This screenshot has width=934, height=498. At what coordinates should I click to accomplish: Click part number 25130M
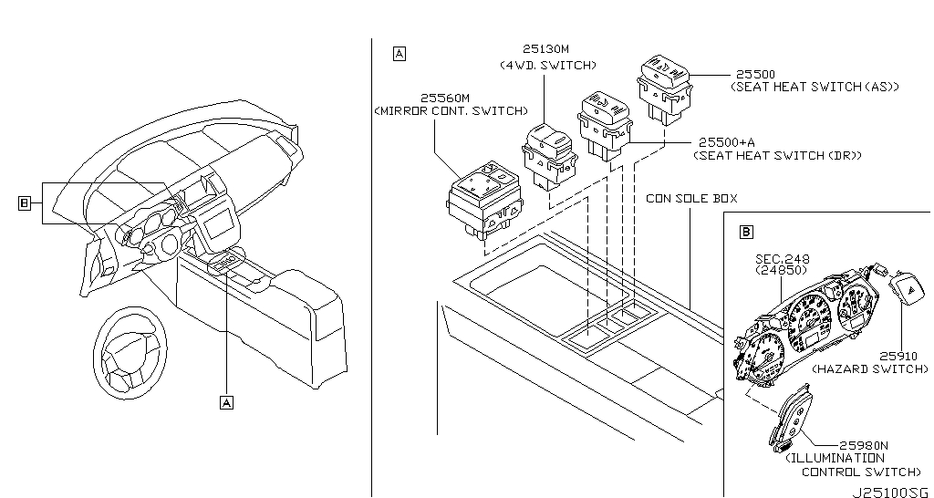(x=545, y=49)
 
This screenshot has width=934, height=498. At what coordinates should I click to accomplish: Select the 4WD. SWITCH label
(x=548, y=65)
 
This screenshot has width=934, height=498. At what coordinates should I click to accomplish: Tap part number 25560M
(x=445, y=98)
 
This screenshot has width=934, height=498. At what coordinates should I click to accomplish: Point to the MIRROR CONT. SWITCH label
(x=451, y=111)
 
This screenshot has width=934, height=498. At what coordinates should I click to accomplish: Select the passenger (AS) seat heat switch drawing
(x=664, y=89)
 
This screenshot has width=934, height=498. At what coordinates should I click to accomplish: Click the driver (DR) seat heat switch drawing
(x=605, y=125)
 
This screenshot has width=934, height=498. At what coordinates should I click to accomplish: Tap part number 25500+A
(x=727, y=142)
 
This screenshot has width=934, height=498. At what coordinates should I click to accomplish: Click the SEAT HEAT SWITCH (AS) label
(x=815, y=87)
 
